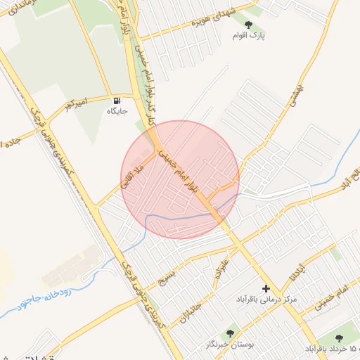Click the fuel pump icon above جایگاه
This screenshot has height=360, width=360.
pos(116,100)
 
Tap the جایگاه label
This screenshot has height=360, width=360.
pos(116,111)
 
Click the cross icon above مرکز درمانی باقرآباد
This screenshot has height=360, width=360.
pos(266,288)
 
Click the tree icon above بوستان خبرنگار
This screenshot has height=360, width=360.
pos(229,332)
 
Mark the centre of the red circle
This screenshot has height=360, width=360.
pos(181,180)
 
